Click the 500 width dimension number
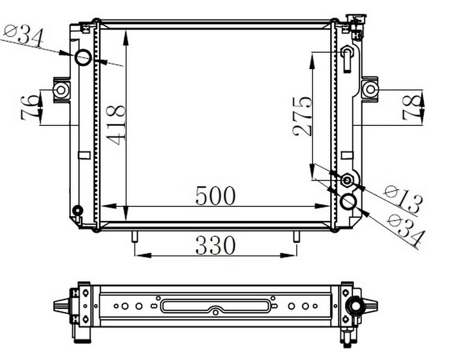click(215, 196)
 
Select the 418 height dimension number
click(116, 125)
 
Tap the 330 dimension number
click(215, 245)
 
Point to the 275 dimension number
click(303, 116)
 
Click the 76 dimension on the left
click(29, 108)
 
